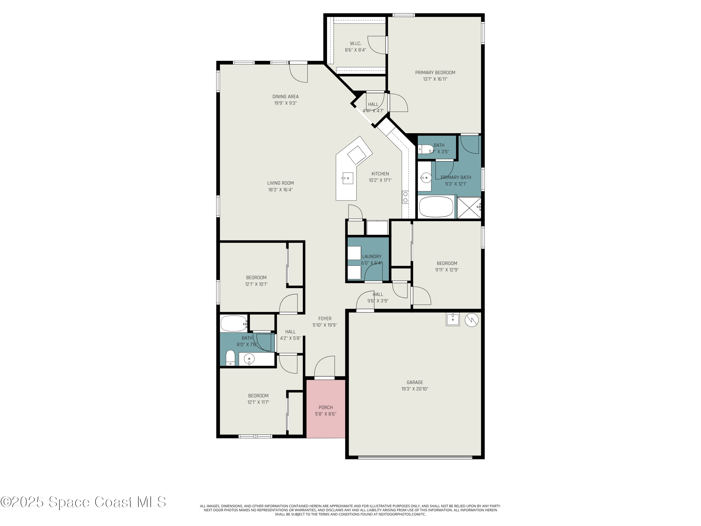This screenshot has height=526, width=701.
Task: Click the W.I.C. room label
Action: pyautogui.click(x=355, y=43)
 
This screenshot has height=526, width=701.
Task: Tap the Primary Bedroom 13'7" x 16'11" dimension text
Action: pyautogui.click(x=435, y=79)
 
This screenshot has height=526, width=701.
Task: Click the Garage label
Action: pyautogui.click(x=415, y=382)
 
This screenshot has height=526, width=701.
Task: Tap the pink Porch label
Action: pyautogui.click(x=325, y=407)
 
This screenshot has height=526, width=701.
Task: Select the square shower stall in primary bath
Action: pyautogui.click(x=469, y=208)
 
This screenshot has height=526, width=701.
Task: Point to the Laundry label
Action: pyautogui.click(x=372, y=256)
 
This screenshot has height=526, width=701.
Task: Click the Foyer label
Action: pyautogui.click(x=325, y=319)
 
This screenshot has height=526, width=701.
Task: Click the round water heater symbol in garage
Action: pyautogui.click(x=471, y=320)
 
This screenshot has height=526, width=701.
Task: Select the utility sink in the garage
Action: pyautogui.click(x=453, y=319)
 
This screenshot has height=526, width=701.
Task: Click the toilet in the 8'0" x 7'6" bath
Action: pyautogui.click(x=230, y=358)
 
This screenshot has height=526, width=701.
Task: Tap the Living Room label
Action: pyautogui.click(x=280, y=183)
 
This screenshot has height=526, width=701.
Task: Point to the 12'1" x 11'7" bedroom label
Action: pyautogui.click(x=258, y=396)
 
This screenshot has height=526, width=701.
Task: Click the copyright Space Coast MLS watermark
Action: pyautogui.click(x=83, y=502)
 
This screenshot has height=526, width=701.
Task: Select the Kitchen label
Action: pyautogui.click(x=380, y=174)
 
